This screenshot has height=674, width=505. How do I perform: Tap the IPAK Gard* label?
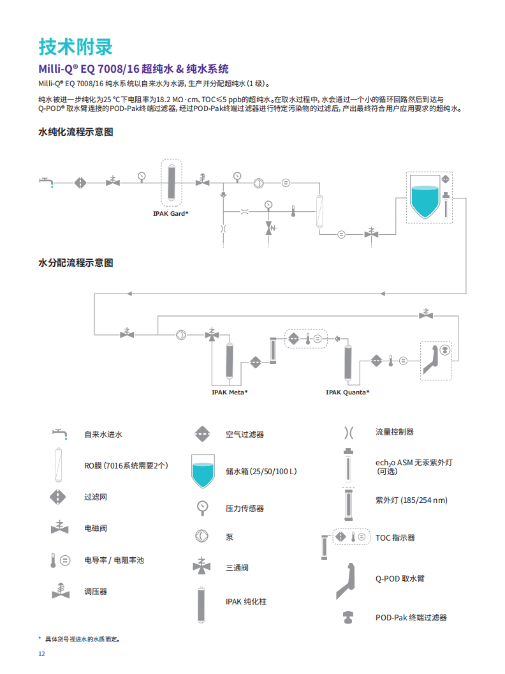coord(170,213)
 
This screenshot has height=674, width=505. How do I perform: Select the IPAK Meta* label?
coord(230,392)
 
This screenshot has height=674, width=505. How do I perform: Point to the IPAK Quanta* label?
coord(348,392)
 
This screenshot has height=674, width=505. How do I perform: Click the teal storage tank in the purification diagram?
coord(423,200)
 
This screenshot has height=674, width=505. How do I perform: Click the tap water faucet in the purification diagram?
coord(46,182)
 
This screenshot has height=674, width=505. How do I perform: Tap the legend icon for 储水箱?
coord(204,471)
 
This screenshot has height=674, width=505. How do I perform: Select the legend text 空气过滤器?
coord(244,435)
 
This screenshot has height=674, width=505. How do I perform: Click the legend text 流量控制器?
coord(395,432)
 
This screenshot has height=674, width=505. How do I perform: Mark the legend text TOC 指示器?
coord(395,538)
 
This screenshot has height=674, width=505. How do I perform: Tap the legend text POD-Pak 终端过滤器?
coord(411,618)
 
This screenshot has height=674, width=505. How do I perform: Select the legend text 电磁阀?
coord(96,528)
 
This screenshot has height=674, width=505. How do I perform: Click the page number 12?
coord(42,654)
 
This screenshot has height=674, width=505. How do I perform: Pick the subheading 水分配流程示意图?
coord(76,263)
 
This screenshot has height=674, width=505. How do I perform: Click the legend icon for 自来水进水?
coord(59,435)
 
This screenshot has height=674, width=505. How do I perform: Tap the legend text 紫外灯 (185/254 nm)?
coord(411,500)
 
